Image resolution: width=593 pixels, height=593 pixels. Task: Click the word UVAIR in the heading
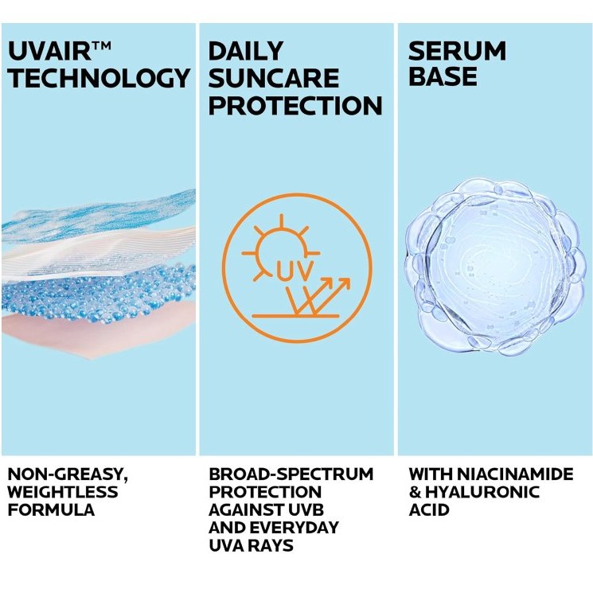[49, 52]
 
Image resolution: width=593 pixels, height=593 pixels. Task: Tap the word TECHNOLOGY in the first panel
[99, 78]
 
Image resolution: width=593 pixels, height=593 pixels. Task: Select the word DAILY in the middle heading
[246, 51]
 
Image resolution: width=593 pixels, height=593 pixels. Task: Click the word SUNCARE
[274, 78]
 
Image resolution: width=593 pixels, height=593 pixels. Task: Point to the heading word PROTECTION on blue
[295, 106]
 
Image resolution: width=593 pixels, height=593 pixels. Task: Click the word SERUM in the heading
[457, 51]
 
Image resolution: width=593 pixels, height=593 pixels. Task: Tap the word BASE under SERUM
[443, 76]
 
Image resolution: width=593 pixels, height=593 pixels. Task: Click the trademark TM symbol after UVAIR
[101, 45]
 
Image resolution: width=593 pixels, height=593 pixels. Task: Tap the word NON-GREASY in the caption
[68, 474]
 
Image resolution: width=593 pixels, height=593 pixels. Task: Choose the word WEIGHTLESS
[63, 492]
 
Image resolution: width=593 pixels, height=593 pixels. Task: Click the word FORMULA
[51, 509]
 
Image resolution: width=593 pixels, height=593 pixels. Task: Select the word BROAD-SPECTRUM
[291, 474]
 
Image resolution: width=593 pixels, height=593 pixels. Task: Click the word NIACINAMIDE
[515, 474]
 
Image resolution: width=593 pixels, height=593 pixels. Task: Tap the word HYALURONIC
[482, 492]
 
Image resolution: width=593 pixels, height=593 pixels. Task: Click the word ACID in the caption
[429, 509]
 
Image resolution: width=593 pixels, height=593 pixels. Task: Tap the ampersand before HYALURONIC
[415, 493]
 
